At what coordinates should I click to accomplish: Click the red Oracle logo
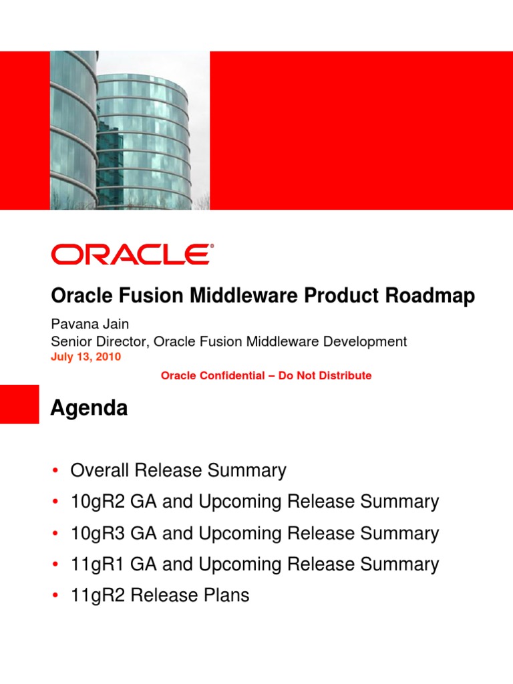click(x=132, y=254)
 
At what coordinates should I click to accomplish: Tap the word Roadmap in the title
click(x=430, y=296)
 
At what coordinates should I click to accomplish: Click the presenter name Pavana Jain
click(x=90, y=324)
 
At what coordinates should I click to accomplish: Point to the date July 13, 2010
click(x=86, y=357)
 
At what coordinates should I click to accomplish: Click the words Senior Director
click(x=100, y=341)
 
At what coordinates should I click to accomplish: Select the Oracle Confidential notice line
click(x=266, y=375)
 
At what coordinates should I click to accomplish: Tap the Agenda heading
click(x=89, y=408)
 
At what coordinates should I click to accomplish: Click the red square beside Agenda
click(x=19, y=404)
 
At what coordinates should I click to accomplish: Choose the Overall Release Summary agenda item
click(x=178, y=471)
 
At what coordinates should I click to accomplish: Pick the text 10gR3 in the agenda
click(x=98, y=534)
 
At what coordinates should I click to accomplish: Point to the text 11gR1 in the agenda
click(x=98, y=564)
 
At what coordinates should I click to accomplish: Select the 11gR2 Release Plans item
click(x=160, y=595)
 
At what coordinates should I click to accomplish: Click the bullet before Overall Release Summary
click(x=55, y=471)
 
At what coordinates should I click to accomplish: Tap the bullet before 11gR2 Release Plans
click(x=55, y=595)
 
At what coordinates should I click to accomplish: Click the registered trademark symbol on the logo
click(x=212, y=246)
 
